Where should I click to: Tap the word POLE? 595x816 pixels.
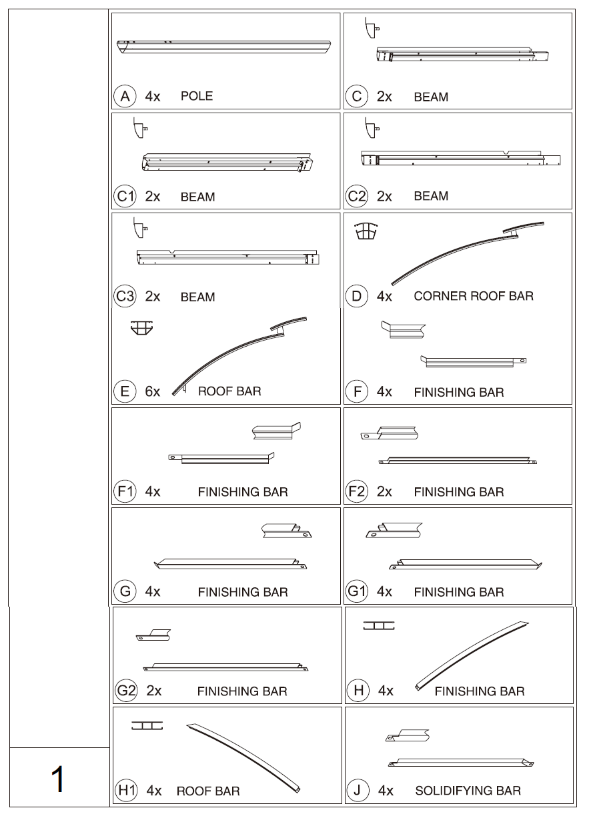[x=196, y=97]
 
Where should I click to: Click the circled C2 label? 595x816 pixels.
[x=358, y=196]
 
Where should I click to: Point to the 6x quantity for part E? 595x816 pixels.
[x=153, y=392]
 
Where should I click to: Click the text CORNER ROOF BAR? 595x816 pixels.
[x=474, y=296]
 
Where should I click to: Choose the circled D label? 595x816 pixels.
[x=357, y=296]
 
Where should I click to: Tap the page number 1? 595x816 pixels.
[x=59, y=779]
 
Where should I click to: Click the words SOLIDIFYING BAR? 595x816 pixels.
[x=468, y=791]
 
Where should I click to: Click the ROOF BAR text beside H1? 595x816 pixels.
[x=208, y=792]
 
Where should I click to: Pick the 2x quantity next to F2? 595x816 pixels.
[x=384, y=492]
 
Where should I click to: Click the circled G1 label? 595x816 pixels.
[x=358, y=591]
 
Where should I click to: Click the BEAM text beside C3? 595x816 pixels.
[x=197, y=297]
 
